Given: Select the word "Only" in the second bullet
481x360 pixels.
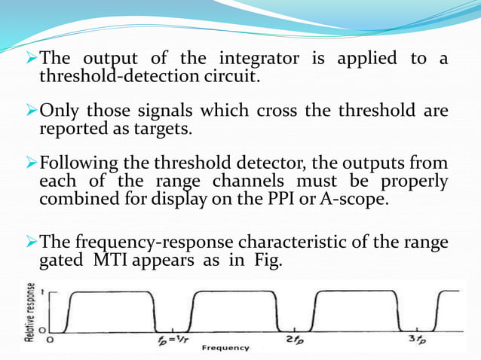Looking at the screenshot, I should click(63, 111).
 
